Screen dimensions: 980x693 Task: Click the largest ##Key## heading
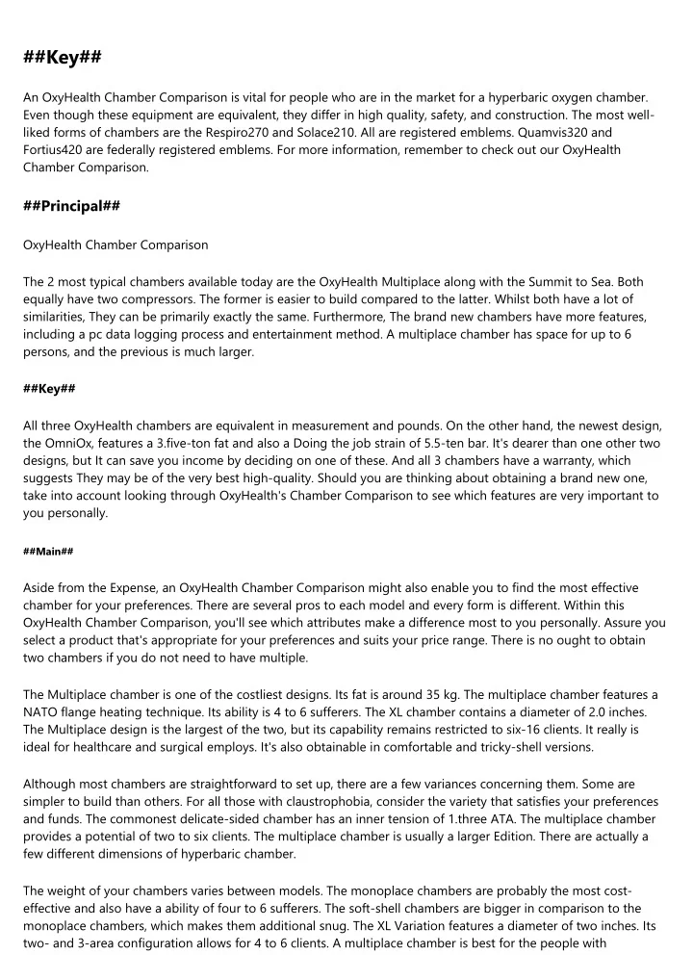(x=63, y=59)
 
